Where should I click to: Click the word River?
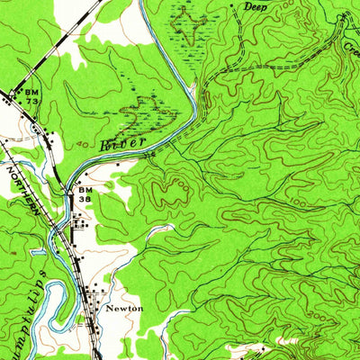[121, 142]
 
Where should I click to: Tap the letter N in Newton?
[110, 308]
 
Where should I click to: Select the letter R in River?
[105, 144]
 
